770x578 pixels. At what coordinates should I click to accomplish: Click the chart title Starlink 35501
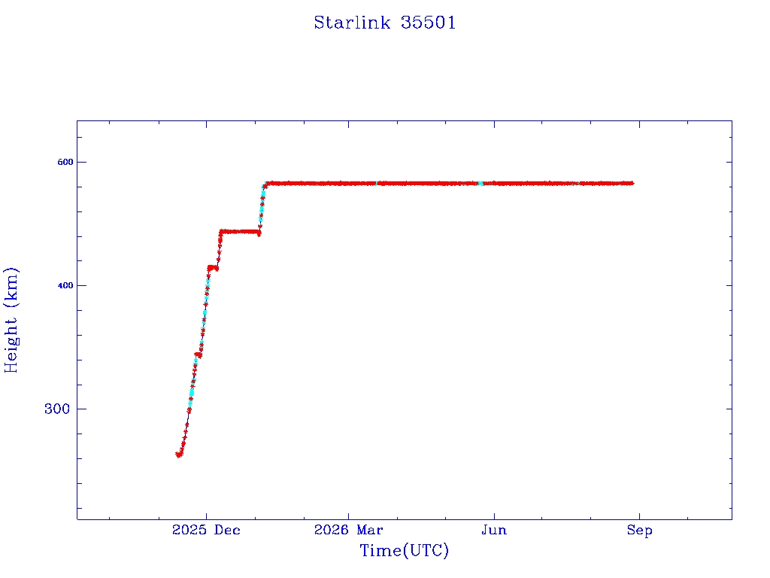click(385, 23)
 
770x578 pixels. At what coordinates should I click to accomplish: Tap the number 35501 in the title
click(428, 23)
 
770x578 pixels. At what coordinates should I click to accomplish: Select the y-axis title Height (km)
click(11, 320)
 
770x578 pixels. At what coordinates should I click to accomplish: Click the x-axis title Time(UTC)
click(404, 550)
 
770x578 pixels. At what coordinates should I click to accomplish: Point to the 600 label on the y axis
click(65, 162)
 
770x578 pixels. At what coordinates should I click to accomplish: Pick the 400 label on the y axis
click(65, 285)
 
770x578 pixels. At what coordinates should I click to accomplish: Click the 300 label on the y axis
click(57, 409)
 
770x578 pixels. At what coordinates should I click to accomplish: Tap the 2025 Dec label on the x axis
click(206, 530)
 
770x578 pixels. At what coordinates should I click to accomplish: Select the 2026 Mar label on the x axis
click(348, 530)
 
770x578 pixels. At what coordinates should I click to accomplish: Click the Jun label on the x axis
click(494, 530)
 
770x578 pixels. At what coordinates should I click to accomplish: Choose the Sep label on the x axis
click(639, 530)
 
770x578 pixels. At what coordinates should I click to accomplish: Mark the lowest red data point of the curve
click(179, 455)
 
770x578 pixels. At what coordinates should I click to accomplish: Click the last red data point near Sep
click(632, 184)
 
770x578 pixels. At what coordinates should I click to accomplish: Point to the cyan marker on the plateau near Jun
click(480, 184)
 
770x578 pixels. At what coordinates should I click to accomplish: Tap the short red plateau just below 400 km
click(213, 268)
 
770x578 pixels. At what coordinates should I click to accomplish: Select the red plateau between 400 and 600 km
click(240, 232)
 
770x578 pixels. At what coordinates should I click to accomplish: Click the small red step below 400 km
click(198, 355)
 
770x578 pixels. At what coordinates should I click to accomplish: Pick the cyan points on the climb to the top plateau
click(262, 202)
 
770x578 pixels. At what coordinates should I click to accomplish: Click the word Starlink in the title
click(352, 23)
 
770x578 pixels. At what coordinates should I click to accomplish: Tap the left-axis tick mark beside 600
click(80, 162)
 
